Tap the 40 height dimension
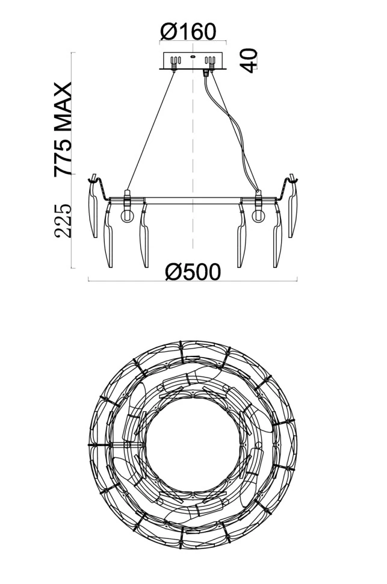pyautogui.click(x=249, y=60)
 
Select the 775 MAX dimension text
pyautogui.click(x=63, y=129)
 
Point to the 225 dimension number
pyautogui.click(x=63, y=220)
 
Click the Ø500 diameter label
pyautogui.click(x=193, y=272)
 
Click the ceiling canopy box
pyautogui.click(x=193, y=61)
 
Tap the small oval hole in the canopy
pyautogui.click(x=193, y=57)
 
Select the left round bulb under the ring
pyautogui.click(x=127, y=216)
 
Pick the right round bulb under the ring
pyautogui.click(x=258, y=216)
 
